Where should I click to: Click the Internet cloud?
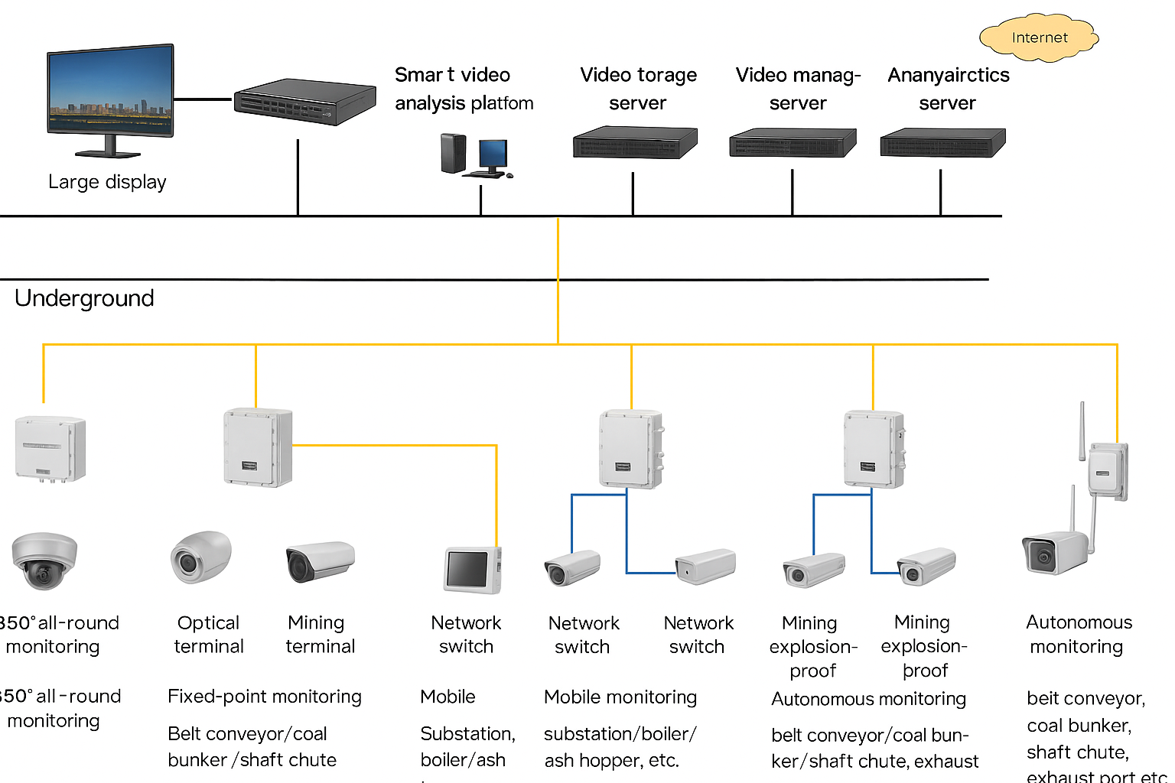point(1039,37)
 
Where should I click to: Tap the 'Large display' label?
point(107,182)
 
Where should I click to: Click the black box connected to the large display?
point(304,102)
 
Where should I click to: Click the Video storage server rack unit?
point(635,143)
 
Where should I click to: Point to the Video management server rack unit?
point(793,143)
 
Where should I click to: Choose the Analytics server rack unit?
point(942,143)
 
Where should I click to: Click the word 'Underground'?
point(84,298)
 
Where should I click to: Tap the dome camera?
point(44,560)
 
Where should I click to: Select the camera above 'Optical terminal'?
point(200,557)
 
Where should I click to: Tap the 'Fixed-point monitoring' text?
point(265,697)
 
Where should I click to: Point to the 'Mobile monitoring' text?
point(620,697)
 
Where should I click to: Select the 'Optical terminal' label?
point(209,635)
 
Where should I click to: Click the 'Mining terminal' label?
point(320,635)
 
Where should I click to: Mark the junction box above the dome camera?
point(50,449)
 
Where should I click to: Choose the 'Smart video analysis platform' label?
point(464,89)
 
